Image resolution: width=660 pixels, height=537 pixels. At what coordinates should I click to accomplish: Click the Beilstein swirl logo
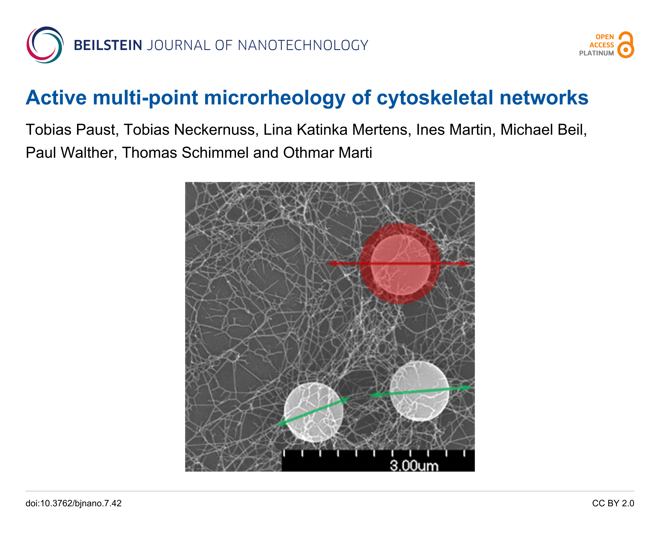click(x=45, y=45)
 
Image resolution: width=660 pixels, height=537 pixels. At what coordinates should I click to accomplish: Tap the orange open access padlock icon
click(x=626, y=45)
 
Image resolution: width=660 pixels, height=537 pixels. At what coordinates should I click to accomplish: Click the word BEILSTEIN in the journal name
click(x=108, y=45)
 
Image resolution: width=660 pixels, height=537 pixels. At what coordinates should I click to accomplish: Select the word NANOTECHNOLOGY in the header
click(x=303, y=45)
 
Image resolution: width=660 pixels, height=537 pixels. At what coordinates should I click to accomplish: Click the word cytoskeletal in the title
click(x=435, y=98)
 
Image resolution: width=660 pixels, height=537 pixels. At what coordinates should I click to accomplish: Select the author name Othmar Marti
click(x=327, y=153)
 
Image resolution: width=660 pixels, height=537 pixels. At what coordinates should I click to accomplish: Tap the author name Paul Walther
click(x=71, y=153)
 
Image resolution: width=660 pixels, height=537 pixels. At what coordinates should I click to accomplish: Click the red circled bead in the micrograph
click(x=400, y=264)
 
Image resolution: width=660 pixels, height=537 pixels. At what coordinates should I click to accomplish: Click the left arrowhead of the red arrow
click(x=332, y=263)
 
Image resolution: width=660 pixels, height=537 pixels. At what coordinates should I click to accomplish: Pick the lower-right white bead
click(x=419, y=391)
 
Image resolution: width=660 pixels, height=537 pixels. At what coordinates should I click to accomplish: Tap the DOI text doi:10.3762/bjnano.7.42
click(x=74, y=504)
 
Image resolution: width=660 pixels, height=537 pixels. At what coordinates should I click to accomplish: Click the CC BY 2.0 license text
click(x=613, y=504)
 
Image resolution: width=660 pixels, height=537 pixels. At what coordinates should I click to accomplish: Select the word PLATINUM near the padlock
click(x=596, y=53)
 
